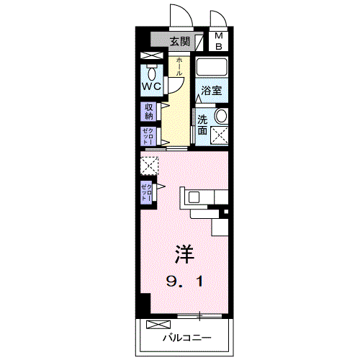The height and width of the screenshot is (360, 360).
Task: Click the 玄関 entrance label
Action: pos(181,41)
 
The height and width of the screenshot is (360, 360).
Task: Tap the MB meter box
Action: pos(220,41)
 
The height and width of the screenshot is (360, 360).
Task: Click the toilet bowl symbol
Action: pos(151,73)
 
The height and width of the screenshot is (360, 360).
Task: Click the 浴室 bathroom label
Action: pos(211,91)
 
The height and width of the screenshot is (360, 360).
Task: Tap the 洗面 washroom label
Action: pos(202,125)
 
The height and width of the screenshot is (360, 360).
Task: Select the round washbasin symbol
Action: pos(221,116)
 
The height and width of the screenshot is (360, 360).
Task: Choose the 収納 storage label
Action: pos(149,111)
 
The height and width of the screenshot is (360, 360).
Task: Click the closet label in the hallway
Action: pos(148,136)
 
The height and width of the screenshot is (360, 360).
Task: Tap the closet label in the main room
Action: pos(147,192)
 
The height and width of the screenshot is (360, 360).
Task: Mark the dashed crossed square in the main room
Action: pos(149,166)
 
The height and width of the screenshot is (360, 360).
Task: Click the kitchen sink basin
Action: pos(194,197)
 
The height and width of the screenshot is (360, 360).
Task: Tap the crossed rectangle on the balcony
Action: pos(159,324)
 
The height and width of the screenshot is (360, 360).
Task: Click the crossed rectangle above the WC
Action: pos(151,55)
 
